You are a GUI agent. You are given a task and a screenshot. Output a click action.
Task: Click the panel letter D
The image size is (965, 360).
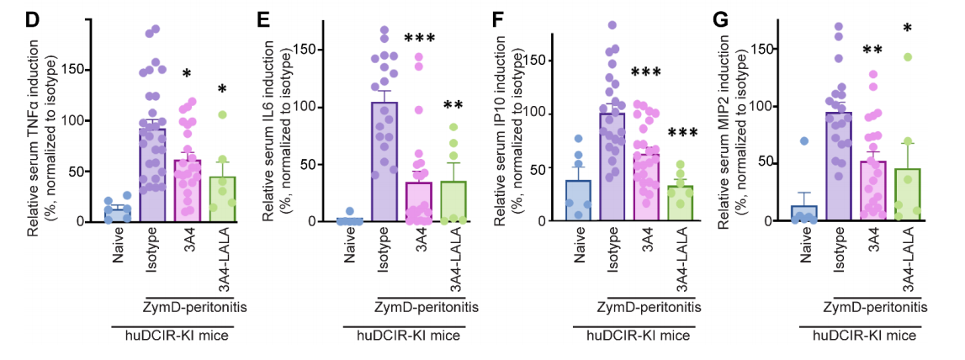click(33, 18)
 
